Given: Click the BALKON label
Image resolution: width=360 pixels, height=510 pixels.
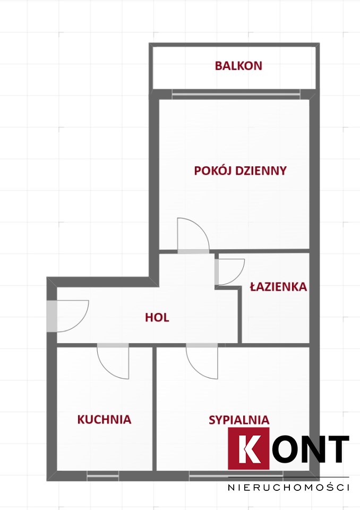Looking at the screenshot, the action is tap(238, 66).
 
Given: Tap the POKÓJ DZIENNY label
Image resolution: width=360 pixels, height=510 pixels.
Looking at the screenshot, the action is tap(241, 171).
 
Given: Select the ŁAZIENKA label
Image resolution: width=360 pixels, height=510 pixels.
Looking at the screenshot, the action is tap(278, 286).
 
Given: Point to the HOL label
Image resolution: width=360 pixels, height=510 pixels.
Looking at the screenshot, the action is tap(157, 318).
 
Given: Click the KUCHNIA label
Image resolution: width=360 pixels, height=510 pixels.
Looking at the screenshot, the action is tap(105, 419).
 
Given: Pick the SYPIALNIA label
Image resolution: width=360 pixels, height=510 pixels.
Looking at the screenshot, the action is tap(239, 420).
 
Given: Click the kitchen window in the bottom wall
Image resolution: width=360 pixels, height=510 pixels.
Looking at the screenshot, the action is tap(103, 476).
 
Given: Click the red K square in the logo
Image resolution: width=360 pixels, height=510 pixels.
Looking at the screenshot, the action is tap(248, 448).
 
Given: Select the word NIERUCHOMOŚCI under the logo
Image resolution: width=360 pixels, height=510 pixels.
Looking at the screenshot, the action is tap(289, 487).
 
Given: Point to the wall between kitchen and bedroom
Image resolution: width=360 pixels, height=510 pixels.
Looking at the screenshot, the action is tap(155, 409).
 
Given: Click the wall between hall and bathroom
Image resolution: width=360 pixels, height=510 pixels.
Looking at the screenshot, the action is tap(240, 314).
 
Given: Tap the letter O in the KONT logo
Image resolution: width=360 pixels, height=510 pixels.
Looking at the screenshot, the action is tap(284, 449).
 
